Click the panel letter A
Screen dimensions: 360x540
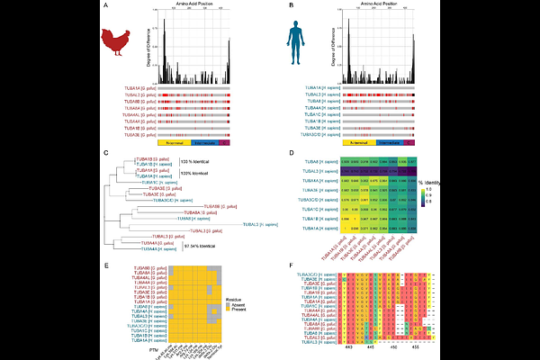107,7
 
